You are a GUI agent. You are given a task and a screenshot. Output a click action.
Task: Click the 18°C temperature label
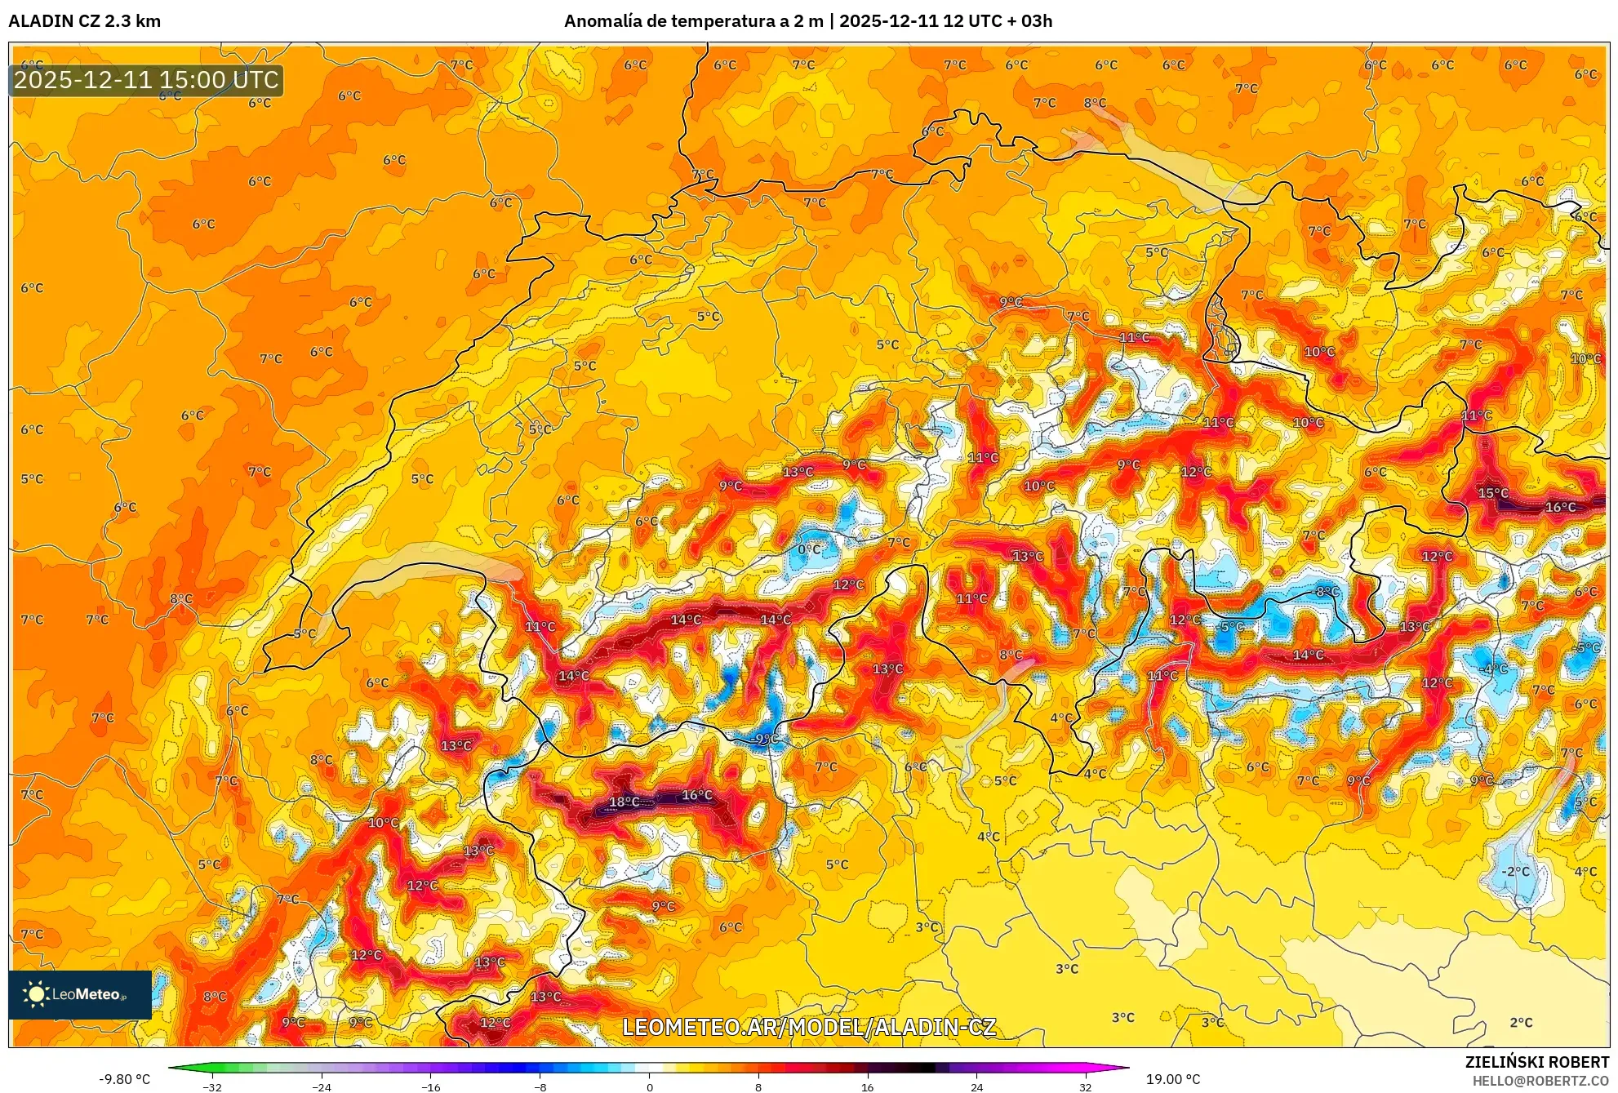(x=625, y=802)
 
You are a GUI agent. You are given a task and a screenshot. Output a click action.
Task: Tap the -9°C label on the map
(x=766, y=740)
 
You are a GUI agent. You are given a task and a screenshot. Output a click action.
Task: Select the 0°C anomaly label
(x=809, y=549)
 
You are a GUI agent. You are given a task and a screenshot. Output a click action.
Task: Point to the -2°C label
(x=1515, y=872)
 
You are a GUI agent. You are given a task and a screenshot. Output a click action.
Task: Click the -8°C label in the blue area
(x=1327, y=592)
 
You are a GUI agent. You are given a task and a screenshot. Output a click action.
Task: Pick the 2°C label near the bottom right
(x=1521, y=1023)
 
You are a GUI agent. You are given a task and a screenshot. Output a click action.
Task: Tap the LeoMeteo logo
(x=80, y=994)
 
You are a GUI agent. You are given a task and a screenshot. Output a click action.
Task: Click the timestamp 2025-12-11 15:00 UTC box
(x=146, y=80)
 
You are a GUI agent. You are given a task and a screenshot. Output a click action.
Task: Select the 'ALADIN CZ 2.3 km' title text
(x=85, y=21)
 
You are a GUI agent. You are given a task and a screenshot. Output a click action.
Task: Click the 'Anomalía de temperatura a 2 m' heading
(x=693, y=21)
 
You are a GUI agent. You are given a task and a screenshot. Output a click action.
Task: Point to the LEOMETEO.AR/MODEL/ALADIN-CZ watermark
(x=808, y=1028)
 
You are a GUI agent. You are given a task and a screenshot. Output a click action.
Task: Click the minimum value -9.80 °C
(x=125, y=1079)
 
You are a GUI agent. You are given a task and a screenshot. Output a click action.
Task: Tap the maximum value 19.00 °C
(x=1173, y=1079)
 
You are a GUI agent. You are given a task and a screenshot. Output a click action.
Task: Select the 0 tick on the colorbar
(x=650, y=1087)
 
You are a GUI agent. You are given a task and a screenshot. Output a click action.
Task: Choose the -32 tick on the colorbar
(x=212, y=1087)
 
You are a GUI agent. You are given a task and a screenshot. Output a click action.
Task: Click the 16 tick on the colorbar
(x=867, y=1087)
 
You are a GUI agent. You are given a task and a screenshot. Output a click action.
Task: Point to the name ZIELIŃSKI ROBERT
(x=1536, y=1063)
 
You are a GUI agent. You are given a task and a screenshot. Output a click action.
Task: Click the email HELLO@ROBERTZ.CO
(x=1540, y=1081)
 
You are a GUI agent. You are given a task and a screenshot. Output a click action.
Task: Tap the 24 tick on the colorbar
(x=976, y=1087)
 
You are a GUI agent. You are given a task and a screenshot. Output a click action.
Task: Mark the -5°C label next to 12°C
(x=1231, y=627)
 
